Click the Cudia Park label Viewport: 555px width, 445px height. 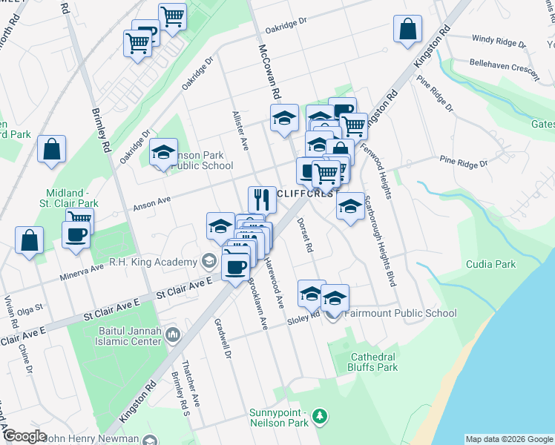(x=490, y=264)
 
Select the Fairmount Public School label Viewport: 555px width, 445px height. (x=400, y=313)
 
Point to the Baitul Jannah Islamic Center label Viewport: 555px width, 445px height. (x=125, y=337)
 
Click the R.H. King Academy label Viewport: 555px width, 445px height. (x=152, y=261)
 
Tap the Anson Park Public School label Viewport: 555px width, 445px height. (x=203, y=160)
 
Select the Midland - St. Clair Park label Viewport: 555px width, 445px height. (x=72, y=197)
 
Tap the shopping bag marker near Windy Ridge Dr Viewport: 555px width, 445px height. (x=408, y=30)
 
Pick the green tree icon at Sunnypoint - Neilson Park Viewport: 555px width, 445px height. (x=320, y=415)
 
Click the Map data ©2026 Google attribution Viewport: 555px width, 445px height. (x=509, y=439)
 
